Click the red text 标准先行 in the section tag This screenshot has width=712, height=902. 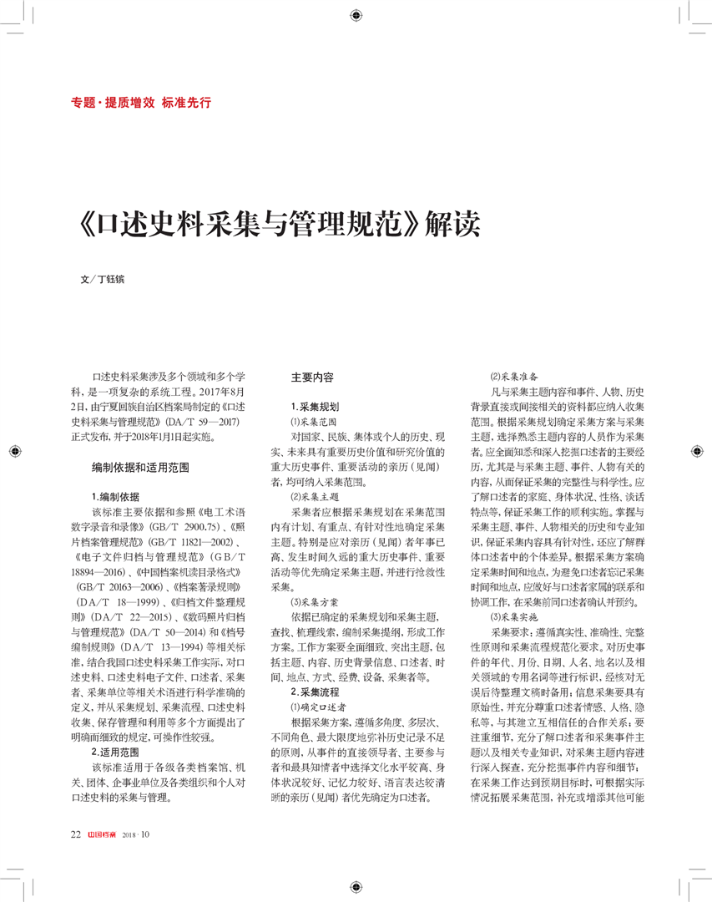[x=186, y=104]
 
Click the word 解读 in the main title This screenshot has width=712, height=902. [x=453, y=226]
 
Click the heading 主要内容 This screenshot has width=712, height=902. [x=311, y=378]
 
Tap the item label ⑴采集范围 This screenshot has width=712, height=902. [x=308, y=423]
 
